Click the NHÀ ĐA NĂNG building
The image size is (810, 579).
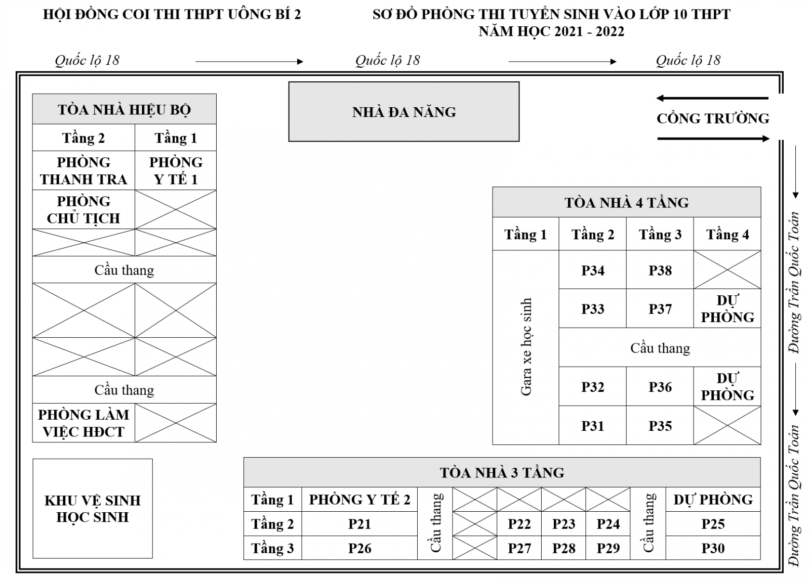(404, 112)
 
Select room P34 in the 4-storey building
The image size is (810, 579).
(593, 270)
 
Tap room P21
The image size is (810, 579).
(359, 524)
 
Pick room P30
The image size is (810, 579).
(713, 548)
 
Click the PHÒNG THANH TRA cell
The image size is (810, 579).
(84, 170)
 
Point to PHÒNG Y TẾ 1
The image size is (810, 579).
(176, 170)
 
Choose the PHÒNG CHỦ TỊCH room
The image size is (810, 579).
(84, 209)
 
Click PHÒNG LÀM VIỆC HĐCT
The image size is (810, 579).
(84, 423)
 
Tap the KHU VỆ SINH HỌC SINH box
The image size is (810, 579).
(93, 509)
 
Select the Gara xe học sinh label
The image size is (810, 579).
(526, 347)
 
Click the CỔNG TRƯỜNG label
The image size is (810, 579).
(713, 118)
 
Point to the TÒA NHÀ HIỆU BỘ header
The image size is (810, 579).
(125, 109)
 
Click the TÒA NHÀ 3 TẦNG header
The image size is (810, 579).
(502, 472)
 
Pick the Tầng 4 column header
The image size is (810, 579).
(727, 234)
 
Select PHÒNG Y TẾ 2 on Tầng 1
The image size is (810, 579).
(359, 500)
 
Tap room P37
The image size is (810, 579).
(660, 308)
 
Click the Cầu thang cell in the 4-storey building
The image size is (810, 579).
(660, 347)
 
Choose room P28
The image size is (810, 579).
(563, 548)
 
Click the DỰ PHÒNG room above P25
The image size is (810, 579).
(713, 500)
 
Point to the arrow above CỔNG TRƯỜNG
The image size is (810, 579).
(712, 98)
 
